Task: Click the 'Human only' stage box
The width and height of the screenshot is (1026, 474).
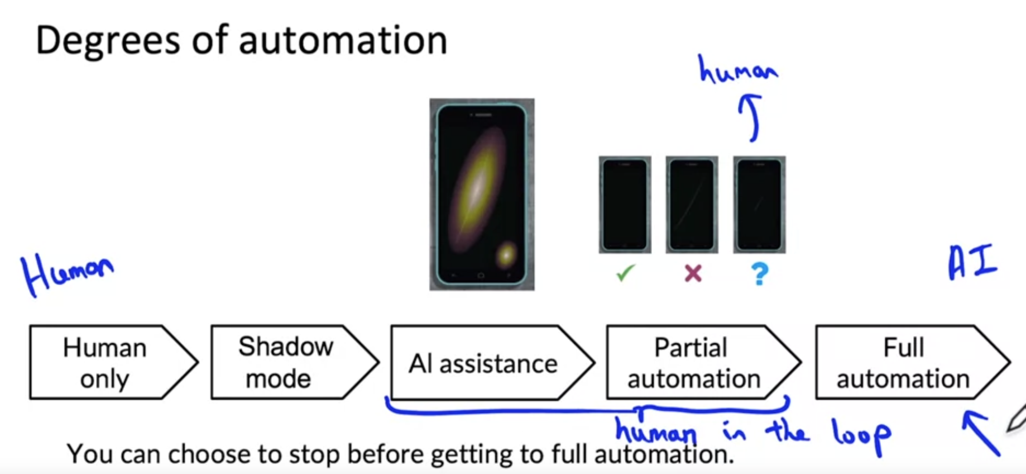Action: pos(106,362)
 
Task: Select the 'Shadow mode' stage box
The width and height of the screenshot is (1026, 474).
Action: pos(286,362)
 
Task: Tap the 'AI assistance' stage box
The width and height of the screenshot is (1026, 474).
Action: pos(483,363)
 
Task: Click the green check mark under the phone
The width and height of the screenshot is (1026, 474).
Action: pos(625,273)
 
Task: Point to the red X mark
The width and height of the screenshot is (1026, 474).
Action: pos(693,273)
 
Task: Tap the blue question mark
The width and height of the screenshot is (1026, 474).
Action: pos(760,274)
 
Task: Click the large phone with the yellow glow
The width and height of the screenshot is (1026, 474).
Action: pos(481,194)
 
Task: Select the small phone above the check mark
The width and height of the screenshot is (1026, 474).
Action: pos(625,205)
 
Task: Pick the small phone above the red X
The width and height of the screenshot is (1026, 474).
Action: pos(692,205)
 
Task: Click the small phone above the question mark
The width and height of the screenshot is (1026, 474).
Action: pos(759,205)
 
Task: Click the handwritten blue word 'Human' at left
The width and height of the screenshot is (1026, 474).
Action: pos(66,272)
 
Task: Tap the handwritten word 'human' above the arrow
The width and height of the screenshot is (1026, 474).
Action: pos(737,70)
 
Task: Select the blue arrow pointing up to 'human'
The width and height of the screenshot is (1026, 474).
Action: pos(751,117)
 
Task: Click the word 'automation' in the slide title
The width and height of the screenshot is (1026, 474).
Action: pos(343,40)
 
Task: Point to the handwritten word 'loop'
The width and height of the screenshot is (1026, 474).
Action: pos(861,435)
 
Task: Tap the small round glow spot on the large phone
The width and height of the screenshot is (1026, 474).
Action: pos(506,255)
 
